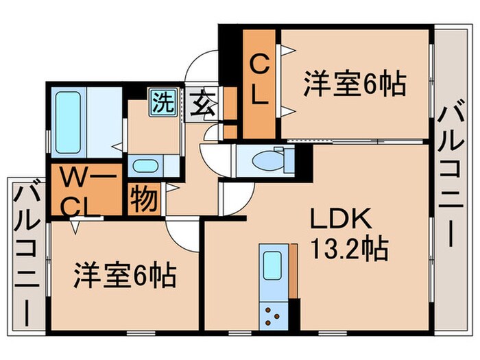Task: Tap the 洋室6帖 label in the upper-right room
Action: (x=355, y=84)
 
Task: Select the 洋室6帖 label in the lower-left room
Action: (x=125, y=276)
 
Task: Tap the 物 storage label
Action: (x=144, y=199)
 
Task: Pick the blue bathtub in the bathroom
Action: (x=68, y=121)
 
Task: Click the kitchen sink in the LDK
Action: (x=272, y=264)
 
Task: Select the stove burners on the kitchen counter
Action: (x=273, y=315)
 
